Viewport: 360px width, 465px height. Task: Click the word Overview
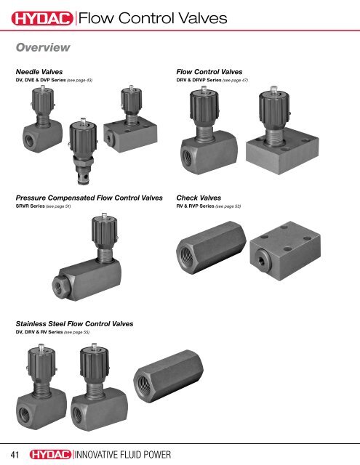(x=42, y=48)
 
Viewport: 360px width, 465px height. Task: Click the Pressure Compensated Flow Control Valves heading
(x=88, y=197)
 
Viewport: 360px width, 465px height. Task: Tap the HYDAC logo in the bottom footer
(x=52, y=453)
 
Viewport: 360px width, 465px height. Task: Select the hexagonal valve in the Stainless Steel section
(x=163, y=385)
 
